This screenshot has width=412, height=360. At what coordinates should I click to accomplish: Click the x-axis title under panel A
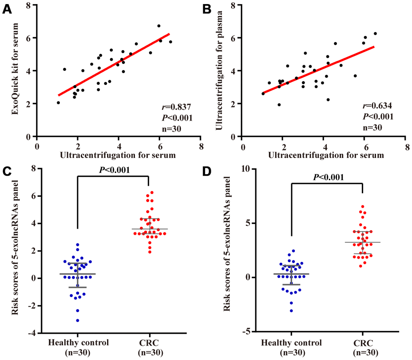click(x=118, y=154)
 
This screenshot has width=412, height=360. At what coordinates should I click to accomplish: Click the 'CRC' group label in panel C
click(x=149, y=343)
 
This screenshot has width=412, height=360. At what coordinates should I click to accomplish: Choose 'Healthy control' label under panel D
click(x=292, y=343)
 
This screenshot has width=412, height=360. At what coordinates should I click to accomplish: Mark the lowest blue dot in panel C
click(x=78, y=320)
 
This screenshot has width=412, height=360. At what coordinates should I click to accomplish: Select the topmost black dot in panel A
click(x=159, y=26)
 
